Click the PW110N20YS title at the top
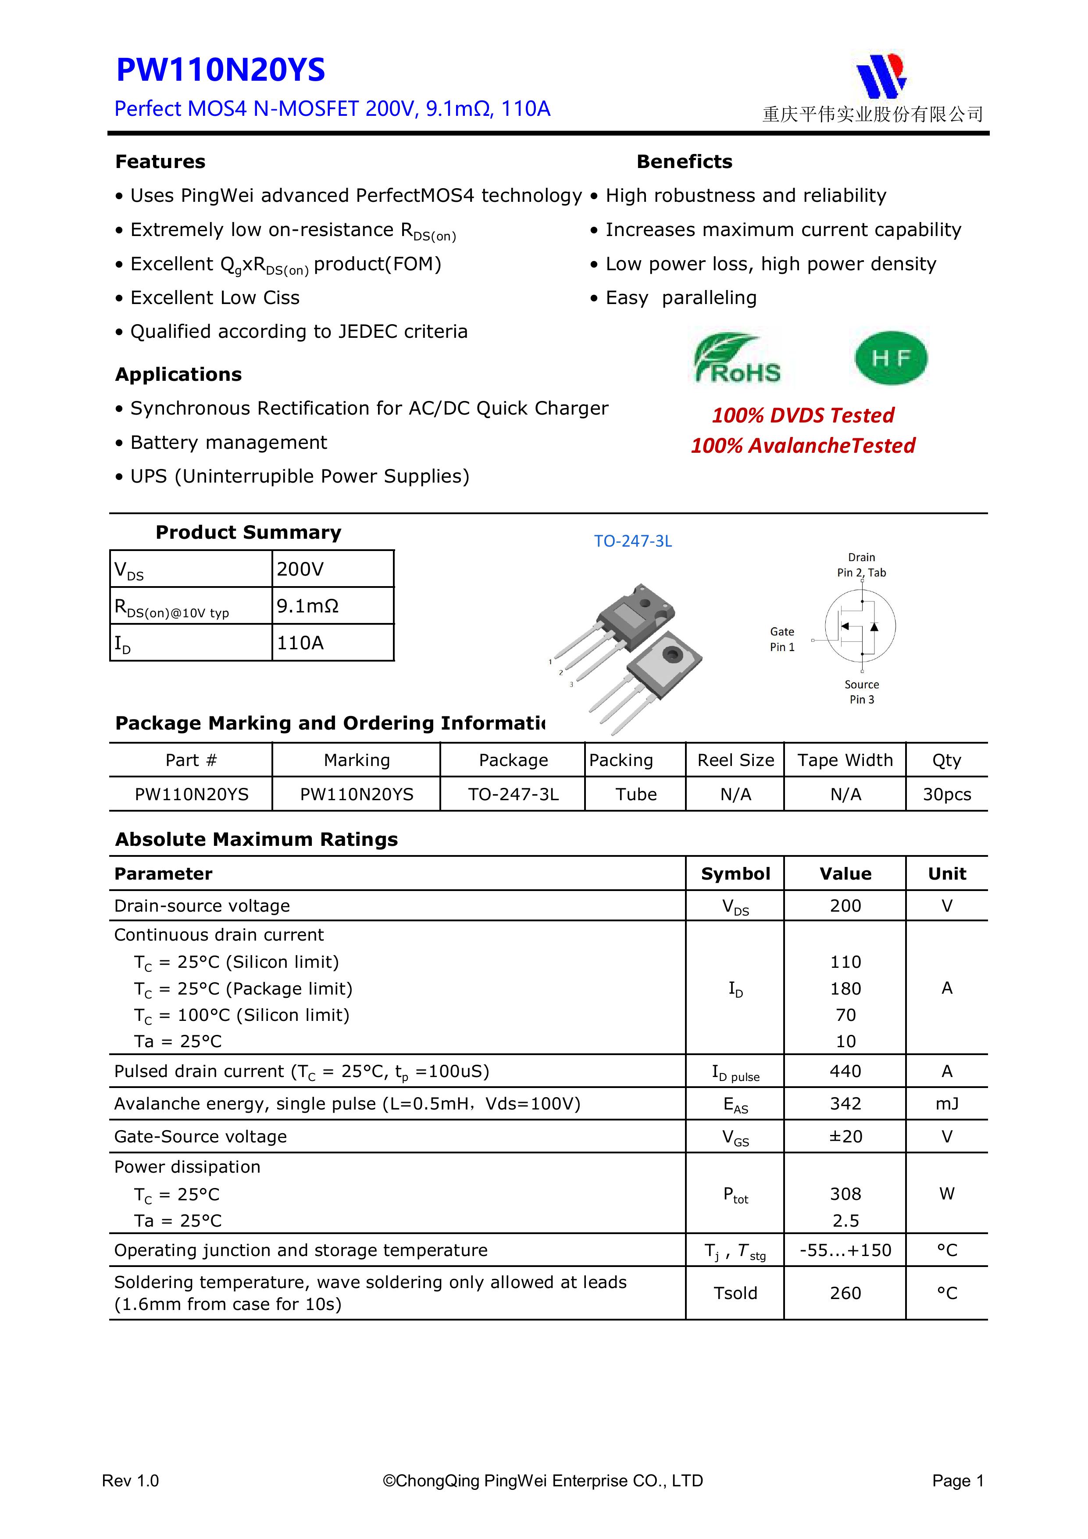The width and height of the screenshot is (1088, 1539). (221, 70)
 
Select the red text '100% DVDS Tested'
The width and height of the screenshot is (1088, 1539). (803, 415)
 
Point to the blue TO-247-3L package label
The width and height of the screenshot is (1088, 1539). (632, 541)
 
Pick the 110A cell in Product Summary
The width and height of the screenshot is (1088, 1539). (301, 643)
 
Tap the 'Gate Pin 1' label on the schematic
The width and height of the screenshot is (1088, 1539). (782, 639)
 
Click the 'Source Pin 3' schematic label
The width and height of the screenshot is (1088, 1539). (862, 692)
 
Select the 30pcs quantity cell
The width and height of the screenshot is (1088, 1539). (947, 795)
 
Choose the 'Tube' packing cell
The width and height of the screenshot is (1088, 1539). (636, 795)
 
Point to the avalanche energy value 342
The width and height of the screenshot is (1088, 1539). (845, 1103)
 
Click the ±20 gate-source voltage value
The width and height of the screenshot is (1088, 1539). (845, 1136)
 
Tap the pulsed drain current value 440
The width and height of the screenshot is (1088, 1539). (845, 1071)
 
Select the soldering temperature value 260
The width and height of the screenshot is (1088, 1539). (845, 1293)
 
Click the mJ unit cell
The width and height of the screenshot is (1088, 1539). (947, 1103)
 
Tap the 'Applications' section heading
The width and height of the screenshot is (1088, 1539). (178, 374)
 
